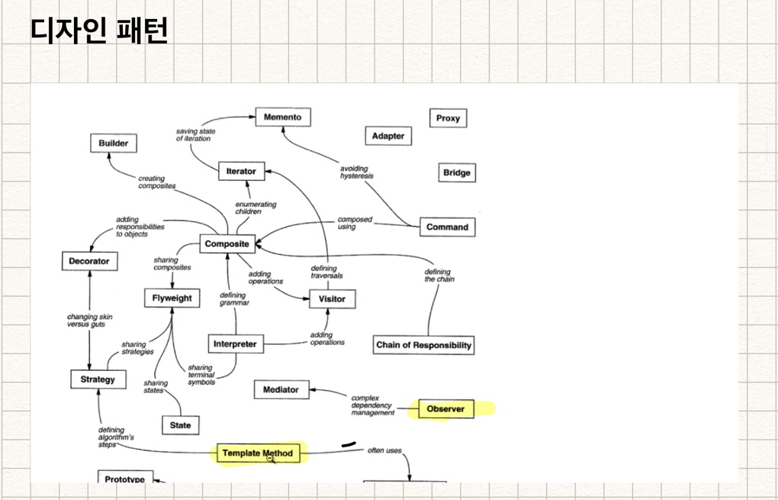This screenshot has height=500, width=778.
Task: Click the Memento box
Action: [282, 118]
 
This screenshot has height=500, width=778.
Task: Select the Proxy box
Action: [448, 118]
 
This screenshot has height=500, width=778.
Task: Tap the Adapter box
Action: [387, 137]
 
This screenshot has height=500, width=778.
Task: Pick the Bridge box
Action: [456, 173]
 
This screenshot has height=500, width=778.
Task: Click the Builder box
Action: [113, 144]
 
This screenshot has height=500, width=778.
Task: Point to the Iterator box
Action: [241, 172]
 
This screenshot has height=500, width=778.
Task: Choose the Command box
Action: [447, 227]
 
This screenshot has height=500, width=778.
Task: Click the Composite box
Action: [227, 244]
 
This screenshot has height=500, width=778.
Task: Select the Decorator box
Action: [88, 261]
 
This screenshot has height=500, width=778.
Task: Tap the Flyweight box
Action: [172, 298]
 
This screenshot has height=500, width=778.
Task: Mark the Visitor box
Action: [332, 299]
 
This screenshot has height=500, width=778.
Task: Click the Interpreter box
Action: [235, 344]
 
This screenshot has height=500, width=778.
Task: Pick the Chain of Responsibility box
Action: [423, 345]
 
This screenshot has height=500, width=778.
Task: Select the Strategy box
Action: [98, 379]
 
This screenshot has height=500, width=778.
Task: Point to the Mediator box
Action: [281, 390]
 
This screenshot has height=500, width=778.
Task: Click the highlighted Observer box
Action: [445, 409]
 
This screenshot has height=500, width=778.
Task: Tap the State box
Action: [180, 425]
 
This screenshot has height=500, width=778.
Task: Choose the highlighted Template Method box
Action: [257, 453]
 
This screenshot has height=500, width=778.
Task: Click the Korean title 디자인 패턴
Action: [99, 31]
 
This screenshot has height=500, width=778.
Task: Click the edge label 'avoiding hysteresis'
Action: [356, 173]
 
